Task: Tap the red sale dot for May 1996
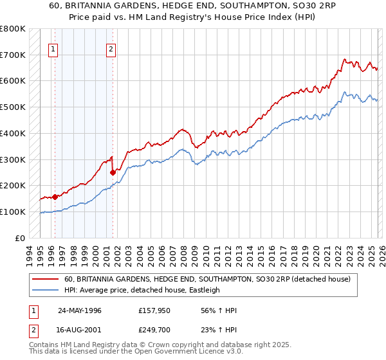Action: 55,197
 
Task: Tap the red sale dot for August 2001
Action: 113,172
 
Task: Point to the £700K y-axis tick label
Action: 13,55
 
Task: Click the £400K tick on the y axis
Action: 13,133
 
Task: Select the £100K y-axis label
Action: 13,212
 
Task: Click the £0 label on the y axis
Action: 21,238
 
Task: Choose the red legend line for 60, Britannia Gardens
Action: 46,280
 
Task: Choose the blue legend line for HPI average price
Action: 46,290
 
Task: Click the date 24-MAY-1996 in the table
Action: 80,310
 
